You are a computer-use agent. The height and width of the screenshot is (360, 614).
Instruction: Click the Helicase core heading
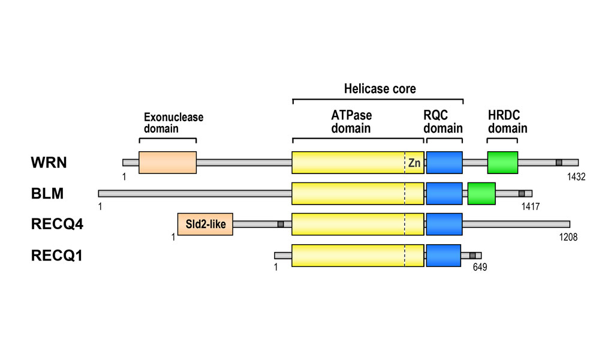tap(380, 89)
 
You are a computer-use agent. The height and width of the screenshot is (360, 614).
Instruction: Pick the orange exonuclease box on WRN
tap(167, 163)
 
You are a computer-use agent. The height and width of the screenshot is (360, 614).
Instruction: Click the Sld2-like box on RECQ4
tap(205, 224)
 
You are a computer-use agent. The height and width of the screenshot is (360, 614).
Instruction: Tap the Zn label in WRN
tap(414, 163)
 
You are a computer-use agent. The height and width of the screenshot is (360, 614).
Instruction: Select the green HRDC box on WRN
tap(502, 163)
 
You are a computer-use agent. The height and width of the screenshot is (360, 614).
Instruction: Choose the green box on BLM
tap(481, 193)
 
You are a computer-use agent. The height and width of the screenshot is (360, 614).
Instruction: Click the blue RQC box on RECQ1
tap(443, 256)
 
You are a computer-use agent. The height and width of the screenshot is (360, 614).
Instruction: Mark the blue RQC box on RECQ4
tap(444, 224)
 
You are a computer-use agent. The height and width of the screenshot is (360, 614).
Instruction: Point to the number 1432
tap(575, 177)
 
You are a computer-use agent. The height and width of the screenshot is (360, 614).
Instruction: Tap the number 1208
tap(567, 237)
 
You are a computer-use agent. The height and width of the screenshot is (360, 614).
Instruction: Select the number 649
tap(480, 268)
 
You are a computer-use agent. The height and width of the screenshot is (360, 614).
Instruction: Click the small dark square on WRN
tap(559, 163)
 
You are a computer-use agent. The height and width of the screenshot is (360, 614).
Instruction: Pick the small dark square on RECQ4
tap(281, 224)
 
